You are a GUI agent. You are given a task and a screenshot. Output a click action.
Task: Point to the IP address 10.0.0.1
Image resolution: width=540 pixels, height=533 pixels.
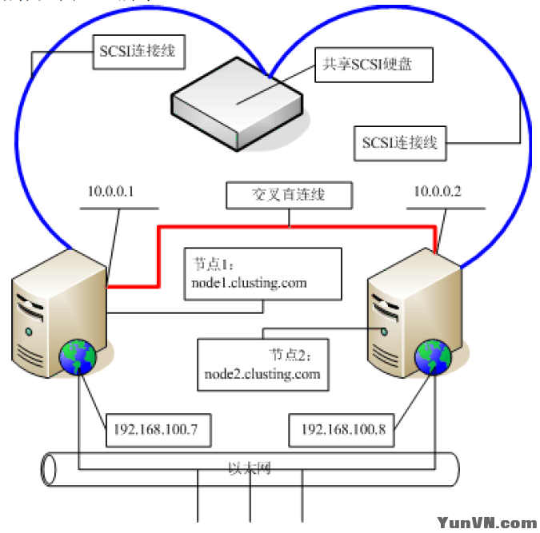point(110,193)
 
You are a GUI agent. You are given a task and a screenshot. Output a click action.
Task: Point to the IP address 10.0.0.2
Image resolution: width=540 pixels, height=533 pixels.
point(438,193)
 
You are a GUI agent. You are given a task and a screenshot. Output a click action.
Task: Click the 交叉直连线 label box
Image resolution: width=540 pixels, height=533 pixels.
point(289,195)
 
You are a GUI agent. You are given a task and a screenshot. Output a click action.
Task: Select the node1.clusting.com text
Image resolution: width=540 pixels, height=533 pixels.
point(249,283)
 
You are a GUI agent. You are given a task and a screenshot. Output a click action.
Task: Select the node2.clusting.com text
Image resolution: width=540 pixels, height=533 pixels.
point(262,373)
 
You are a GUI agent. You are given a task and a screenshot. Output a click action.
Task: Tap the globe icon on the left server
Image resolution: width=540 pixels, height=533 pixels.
point(77,356)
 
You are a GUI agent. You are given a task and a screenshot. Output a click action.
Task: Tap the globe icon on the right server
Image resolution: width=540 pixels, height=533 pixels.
point(433,356)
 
